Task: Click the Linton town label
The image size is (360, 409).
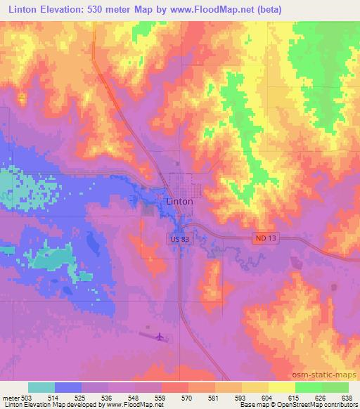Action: pos(179,201)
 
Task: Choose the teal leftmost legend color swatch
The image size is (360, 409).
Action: pos(41,387)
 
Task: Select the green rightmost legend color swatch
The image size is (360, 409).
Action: pos(335,387)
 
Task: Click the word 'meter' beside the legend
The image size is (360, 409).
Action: pos(10,398)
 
